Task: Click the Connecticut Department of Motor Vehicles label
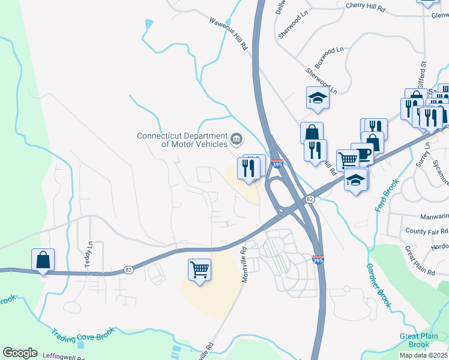(x=182, y=140)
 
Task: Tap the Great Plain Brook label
(x=419, y=340)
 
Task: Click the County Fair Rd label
(x=426, y=231)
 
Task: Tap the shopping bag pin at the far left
(x=43, y=260)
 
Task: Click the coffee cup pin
(x=362, y=153)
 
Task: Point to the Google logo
(x=20, y=353)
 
